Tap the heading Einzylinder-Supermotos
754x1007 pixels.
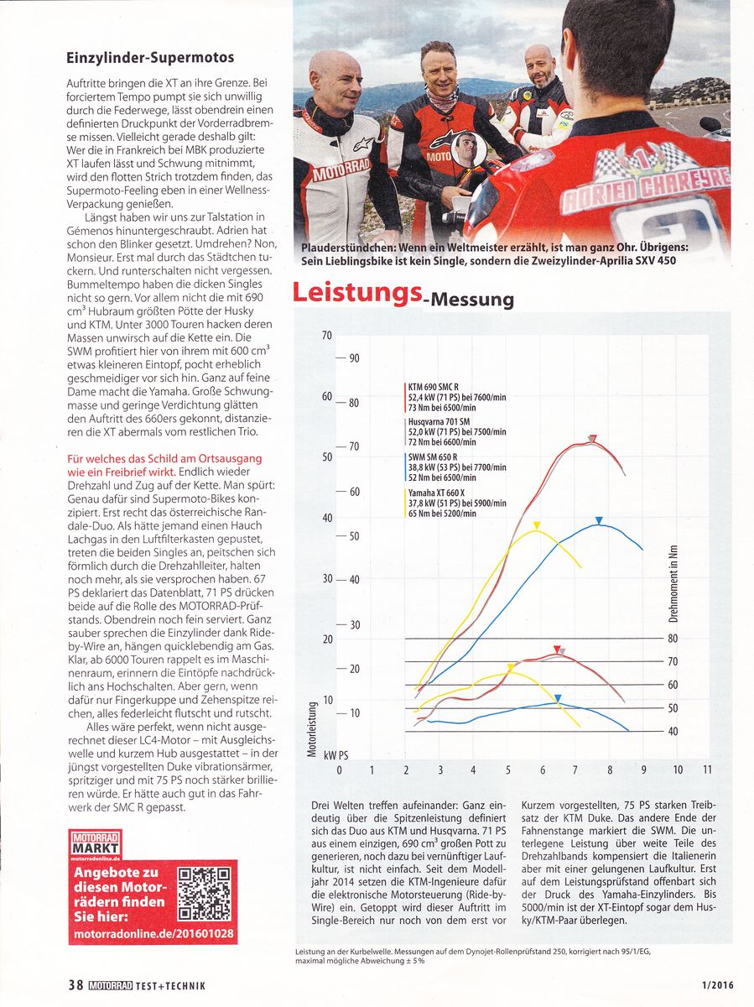click(x=150, y=58)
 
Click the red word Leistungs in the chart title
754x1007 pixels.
click(x=356, y=293)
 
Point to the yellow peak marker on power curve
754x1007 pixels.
click(x=537, y=525)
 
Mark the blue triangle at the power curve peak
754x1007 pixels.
click(x=599, y=521)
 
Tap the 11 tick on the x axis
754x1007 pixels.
click(x=708, y=770)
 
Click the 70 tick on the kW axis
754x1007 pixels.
click(x=327, y=337)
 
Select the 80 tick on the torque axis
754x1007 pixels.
click(x=673, y=639)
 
